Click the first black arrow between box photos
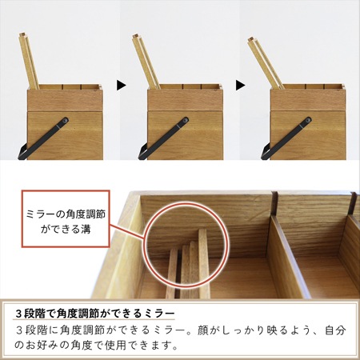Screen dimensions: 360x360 tap(121, 83)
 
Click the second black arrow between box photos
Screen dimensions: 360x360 tap(239, 83)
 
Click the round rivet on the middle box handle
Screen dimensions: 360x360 tap(183, 122)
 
